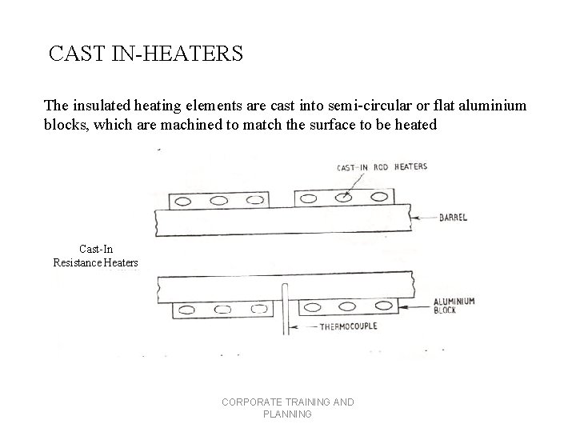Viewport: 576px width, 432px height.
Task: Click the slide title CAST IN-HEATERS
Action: point(146,54)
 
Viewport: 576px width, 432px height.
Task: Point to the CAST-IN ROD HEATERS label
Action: point(382,167)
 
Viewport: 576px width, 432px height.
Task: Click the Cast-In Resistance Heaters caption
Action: point(95,256)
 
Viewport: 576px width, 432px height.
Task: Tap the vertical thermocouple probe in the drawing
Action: point(285,308)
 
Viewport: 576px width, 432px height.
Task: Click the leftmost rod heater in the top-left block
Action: point(183,202)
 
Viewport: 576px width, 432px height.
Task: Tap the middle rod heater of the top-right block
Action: point(344,198)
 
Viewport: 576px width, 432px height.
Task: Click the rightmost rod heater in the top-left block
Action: point(249,201)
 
